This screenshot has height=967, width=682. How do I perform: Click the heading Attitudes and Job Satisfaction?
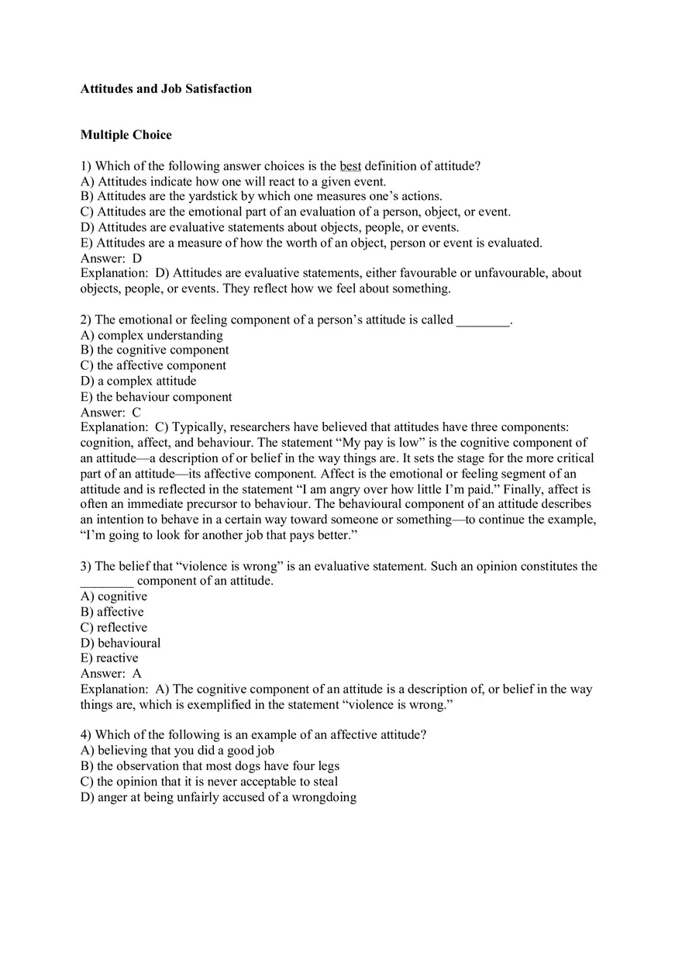[x=166, y=88]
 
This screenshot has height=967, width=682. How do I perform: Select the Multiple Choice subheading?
[x=126, y=135]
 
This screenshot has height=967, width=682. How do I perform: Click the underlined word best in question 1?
[x=350, y=166]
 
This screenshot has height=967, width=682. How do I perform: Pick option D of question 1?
[x=269, y=227]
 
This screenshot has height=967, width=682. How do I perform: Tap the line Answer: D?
[x=111, y=258]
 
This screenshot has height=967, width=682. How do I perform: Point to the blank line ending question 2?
[x=484, y=319]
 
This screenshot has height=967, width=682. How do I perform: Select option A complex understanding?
[x=151, y=335]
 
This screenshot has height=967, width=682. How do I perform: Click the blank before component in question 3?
[x=107, y=581]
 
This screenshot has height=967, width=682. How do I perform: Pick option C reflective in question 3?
[x=113, y=627]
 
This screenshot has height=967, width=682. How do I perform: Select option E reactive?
[x=109, y=658]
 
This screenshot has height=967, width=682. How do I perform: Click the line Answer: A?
[x=111, y=673]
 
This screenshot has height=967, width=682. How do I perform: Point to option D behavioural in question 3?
[x=120, y=643]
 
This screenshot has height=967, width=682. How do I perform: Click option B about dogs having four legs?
[x=209, y=766]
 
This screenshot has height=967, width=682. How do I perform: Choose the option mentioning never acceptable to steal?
[x=208, y=782]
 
